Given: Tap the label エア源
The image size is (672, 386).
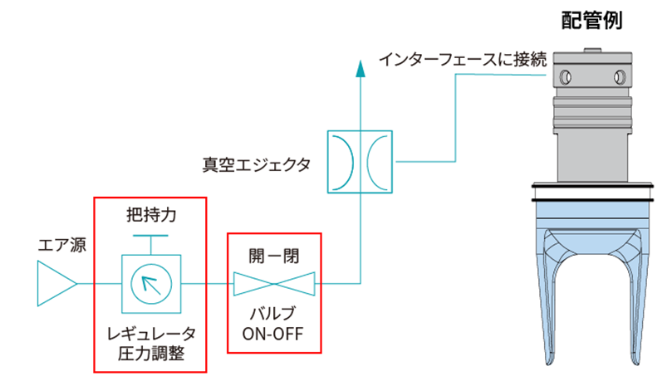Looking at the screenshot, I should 61,246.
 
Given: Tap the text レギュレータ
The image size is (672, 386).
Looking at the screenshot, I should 150,335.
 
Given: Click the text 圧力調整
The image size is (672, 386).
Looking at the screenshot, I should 150,354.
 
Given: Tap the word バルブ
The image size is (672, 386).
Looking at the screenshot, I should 273,316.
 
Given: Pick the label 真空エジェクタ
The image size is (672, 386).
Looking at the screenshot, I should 257,164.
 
